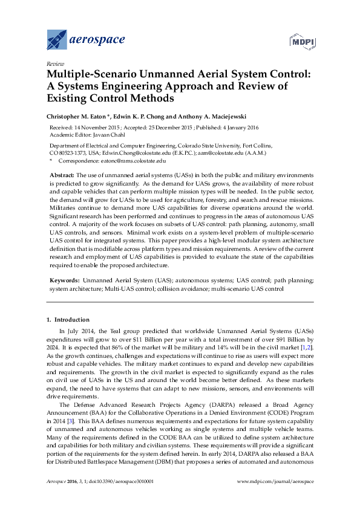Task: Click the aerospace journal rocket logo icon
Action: coord(56,40)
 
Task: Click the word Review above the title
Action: coord(54,63)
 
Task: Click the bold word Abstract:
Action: coord(62,174)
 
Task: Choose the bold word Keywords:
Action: coord(64,281)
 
